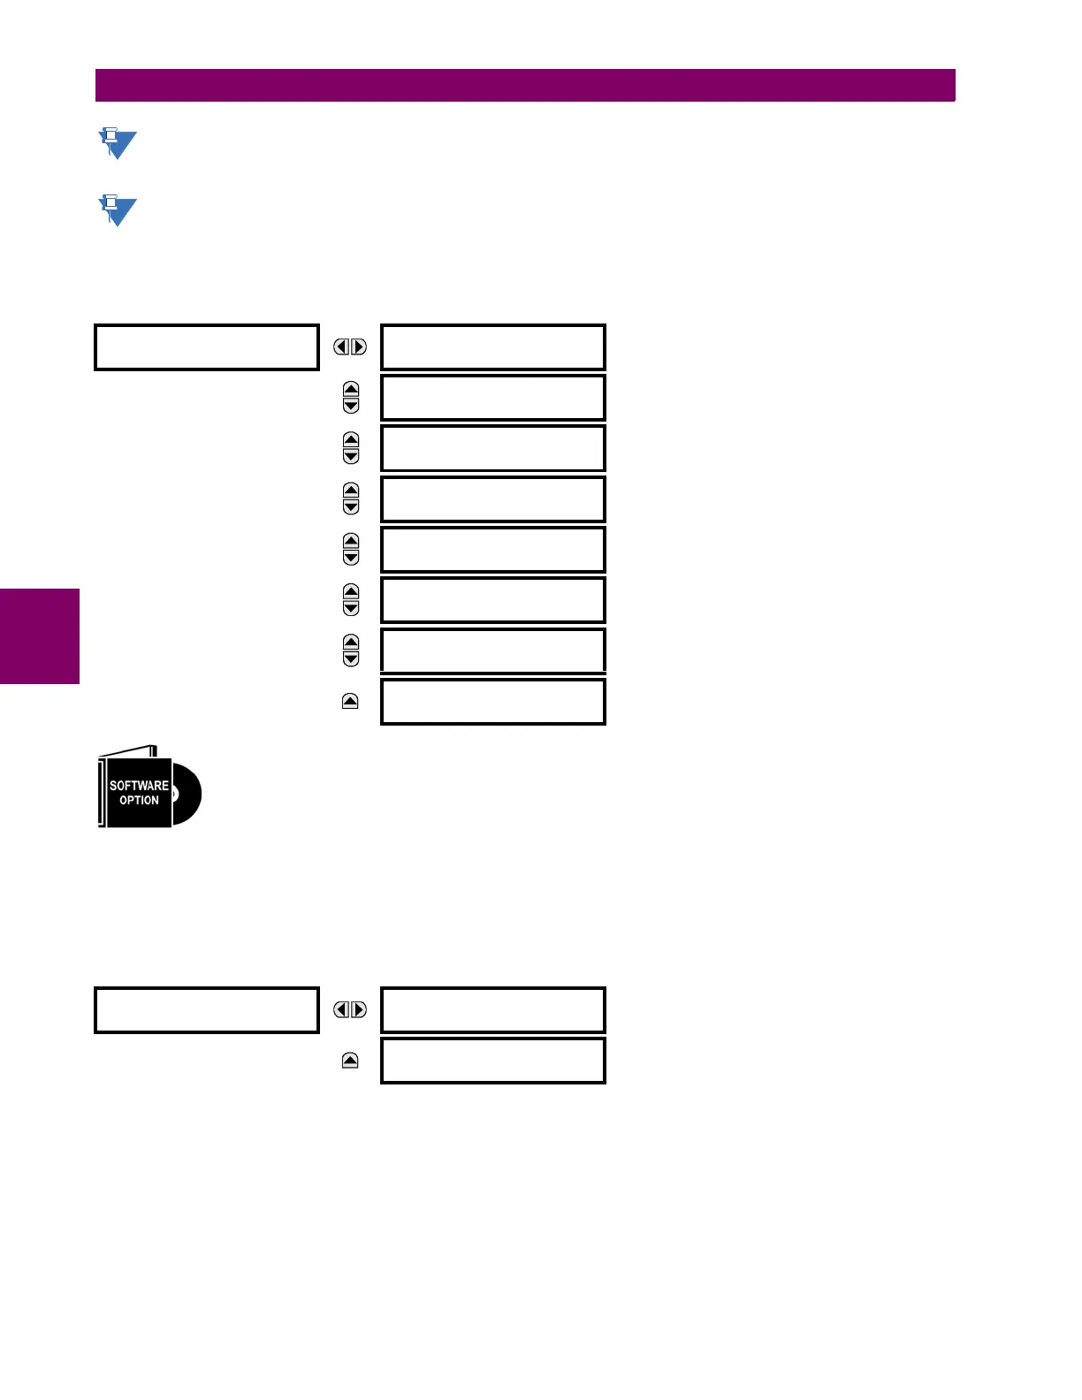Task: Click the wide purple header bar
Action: click(525, 86)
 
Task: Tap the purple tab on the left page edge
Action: click(40, 636)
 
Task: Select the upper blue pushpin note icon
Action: click(117, 143)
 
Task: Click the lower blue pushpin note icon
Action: click(117, 210)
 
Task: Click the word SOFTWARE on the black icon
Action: click(139, 785)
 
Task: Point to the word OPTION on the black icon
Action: click(139, 801)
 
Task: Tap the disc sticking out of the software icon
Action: click(187, 795)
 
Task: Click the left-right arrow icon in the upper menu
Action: click(350, 347)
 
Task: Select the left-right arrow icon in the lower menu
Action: click(350, 1010)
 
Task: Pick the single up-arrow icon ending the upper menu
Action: click(350, 702)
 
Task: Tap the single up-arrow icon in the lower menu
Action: click(350, 1061)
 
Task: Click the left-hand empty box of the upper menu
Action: click(206, 347)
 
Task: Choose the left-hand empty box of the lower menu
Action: click(206, 1010)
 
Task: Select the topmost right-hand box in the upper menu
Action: click(492, 347)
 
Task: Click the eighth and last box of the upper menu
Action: click(492, 702)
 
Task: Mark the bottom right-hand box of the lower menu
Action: click(492, 1061)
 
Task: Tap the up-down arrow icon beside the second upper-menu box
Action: click(351, 398)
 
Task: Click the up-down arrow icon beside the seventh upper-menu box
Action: click(351, 651)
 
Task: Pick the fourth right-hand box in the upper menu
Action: click(492, 499)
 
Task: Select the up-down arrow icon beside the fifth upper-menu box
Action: click(351, 550)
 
